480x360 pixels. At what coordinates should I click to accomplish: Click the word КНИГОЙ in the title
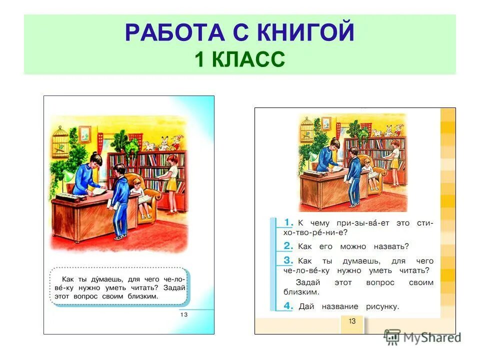point(305,33)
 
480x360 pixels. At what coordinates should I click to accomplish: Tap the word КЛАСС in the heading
point(248,59)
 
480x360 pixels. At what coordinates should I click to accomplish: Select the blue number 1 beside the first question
point(288,221)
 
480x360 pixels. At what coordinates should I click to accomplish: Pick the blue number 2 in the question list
point(288,245)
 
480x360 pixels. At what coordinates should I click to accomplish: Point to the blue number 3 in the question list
point(288,260)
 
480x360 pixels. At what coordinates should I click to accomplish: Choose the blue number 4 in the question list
point(288,305)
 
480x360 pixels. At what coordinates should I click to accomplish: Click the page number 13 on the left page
point(183,314)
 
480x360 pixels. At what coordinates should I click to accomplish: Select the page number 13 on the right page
point(352,321)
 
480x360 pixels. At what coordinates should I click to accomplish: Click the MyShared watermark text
point(431,337)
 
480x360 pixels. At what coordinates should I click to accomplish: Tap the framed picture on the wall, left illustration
point(85,133)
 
